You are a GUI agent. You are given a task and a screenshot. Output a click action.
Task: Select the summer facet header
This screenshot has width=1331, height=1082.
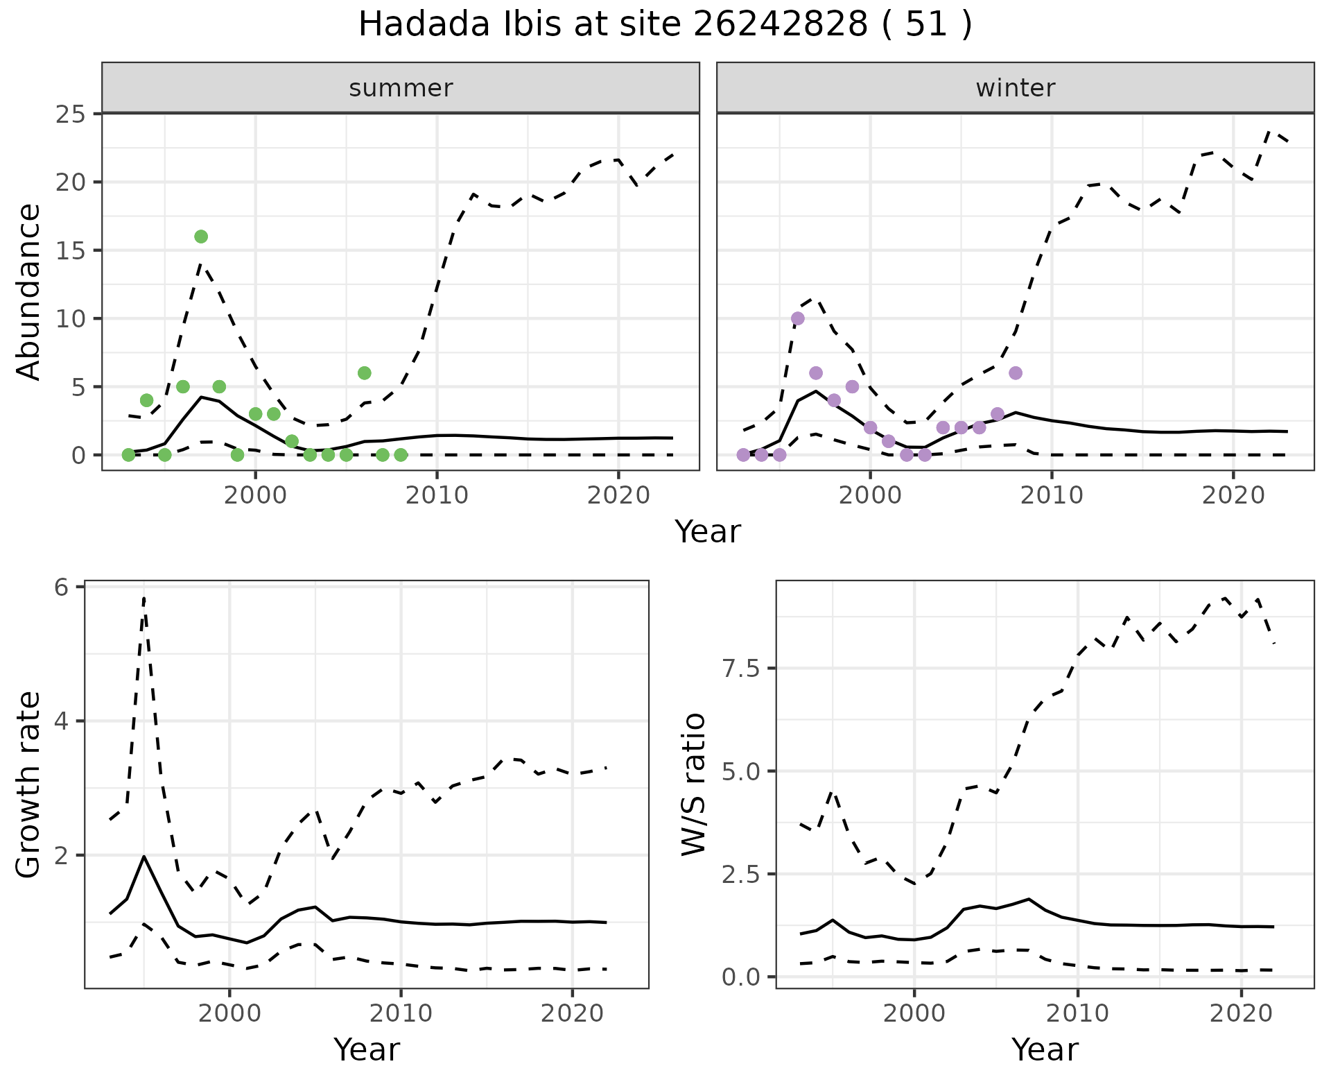tap(401, 88)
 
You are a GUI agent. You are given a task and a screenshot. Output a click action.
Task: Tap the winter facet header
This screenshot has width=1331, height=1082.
tap(1015, 88)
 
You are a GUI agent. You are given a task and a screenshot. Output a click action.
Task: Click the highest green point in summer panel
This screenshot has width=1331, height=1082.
tap(201, 237)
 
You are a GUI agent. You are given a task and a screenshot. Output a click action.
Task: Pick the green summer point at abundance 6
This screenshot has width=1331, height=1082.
tap(365, 373)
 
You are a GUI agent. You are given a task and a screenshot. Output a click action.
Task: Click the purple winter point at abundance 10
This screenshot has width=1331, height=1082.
tap(798, 318)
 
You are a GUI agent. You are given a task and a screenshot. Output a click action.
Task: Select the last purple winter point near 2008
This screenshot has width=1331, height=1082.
tap(1016, 373)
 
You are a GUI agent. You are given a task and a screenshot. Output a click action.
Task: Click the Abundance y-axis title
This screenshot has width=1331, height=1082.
tap(29, 291)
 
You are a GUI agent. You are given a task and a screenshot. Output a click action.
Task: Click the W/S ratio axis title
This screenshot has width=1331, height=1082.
tap(693, 784)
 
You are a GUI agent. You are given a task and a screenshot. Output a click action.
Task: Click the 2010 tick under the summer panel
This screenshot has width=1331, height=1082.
tap(437, 495)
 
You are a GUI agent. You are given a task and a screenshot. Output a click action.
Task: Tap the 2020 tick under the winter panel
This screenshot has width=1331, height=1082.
tap(1233, 495)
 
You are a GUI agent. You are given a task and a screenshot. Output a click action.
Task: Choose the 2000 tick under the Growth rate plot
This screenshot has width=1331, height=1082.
tap(229, 1013)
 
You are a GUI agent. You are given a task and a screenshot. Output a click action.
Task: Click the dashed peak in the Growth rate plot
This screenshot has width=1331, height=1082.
tap(143, 598)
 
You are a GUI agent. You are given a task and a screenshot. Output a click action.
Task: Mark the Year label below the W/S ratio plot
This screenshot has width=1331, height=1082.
tap(1045, 1049)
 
